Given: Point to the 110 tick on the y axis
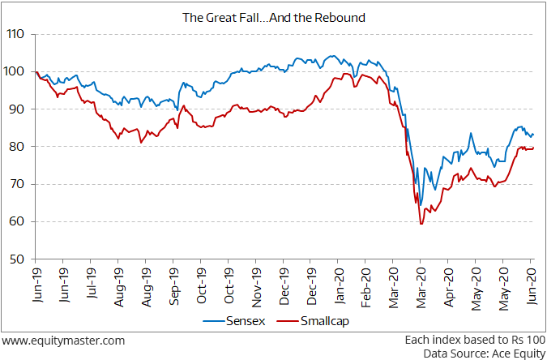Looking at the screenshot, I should [15, 34].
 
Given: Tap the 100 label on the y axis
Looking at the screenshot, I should [15, 71].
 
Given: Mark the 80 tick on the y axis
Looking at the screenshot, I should [17, 147].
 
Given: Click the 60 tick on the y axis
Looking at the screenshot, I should [17, 221].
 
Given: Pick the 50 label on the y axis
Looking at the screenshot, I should [17, 259].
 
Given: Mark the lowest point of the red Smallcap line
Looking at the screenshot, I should [421, 224].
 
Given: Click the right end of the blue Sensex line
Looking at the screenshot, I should [534, 135].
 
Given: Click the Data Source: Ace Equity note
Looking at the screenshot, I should [484, 354].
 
